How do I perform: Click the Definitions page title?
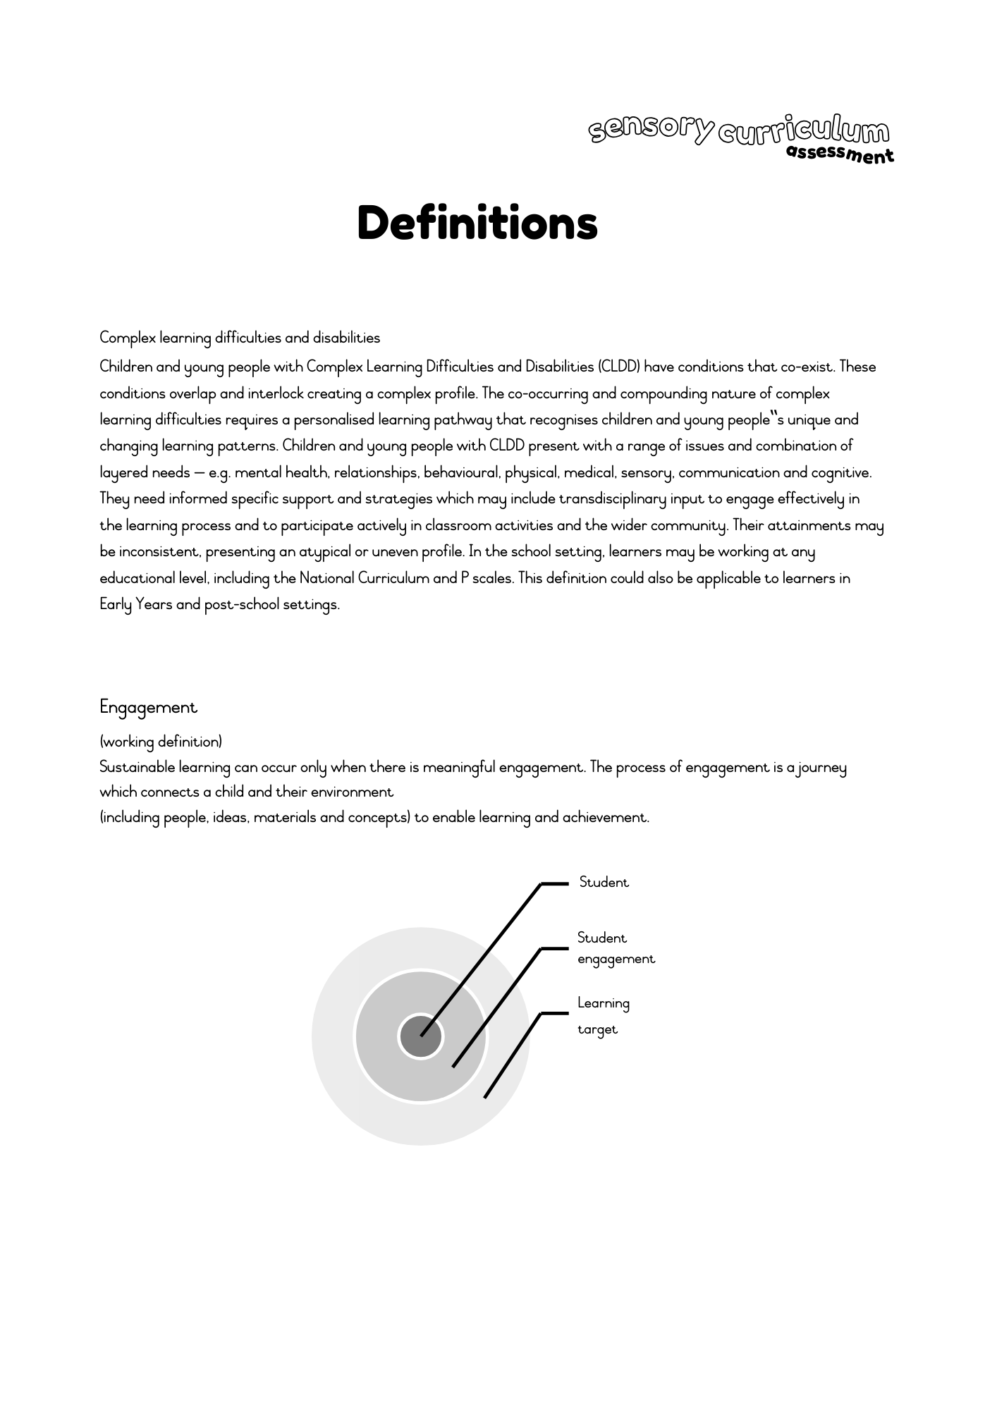[477, 223]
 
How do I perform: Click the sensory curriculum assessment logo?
[740, 137]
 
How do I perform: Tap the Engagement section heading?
[148, 707]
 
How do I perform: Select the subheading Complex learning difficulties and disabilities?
[240, 338]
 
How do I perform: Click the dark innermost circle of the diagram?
[421, 1036]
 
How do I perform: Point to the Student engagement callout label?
[616, 948]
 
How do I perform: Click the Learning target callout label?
[603, 1016]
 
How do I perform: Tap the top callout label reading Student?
[604, 883]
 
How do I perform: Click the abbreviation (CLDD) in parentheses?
[618, 367]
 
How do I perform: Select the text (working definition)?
[161, 742]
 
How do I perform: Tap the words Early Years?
[136, 605]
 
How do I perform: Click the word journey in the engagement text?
[822, 768]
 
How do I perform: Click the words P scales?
[488, 579]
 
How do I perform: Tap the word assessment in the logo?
[840, 154]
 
